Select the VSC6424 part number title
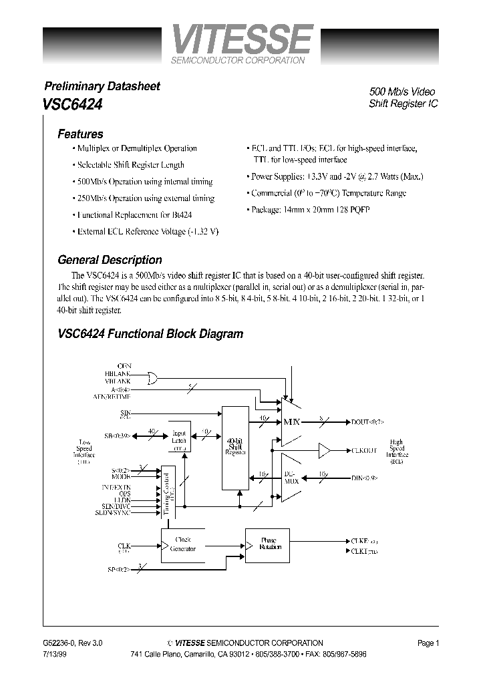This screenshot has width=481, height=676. tap(72, 104)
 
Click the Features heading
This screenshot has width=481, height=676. tap(80, 134)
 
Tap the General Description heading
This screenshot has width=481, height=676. tap(110, 260)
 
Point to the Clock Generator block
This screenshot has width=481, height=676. tap(182, 544)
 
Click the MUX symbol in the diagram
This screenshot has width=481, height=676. tap(292, 422)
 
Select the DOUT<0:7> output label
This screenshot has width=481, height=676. tap(367, 422)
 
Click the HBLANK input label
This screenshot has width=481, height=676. tap(119, 374)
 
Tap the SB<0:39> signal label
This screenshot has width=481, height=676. tap(117, 436)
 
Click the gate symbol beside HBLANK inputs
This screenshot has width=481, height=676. tap(152, 379)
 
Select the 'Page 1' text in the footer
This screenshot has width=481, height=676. tap(428, 643)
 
